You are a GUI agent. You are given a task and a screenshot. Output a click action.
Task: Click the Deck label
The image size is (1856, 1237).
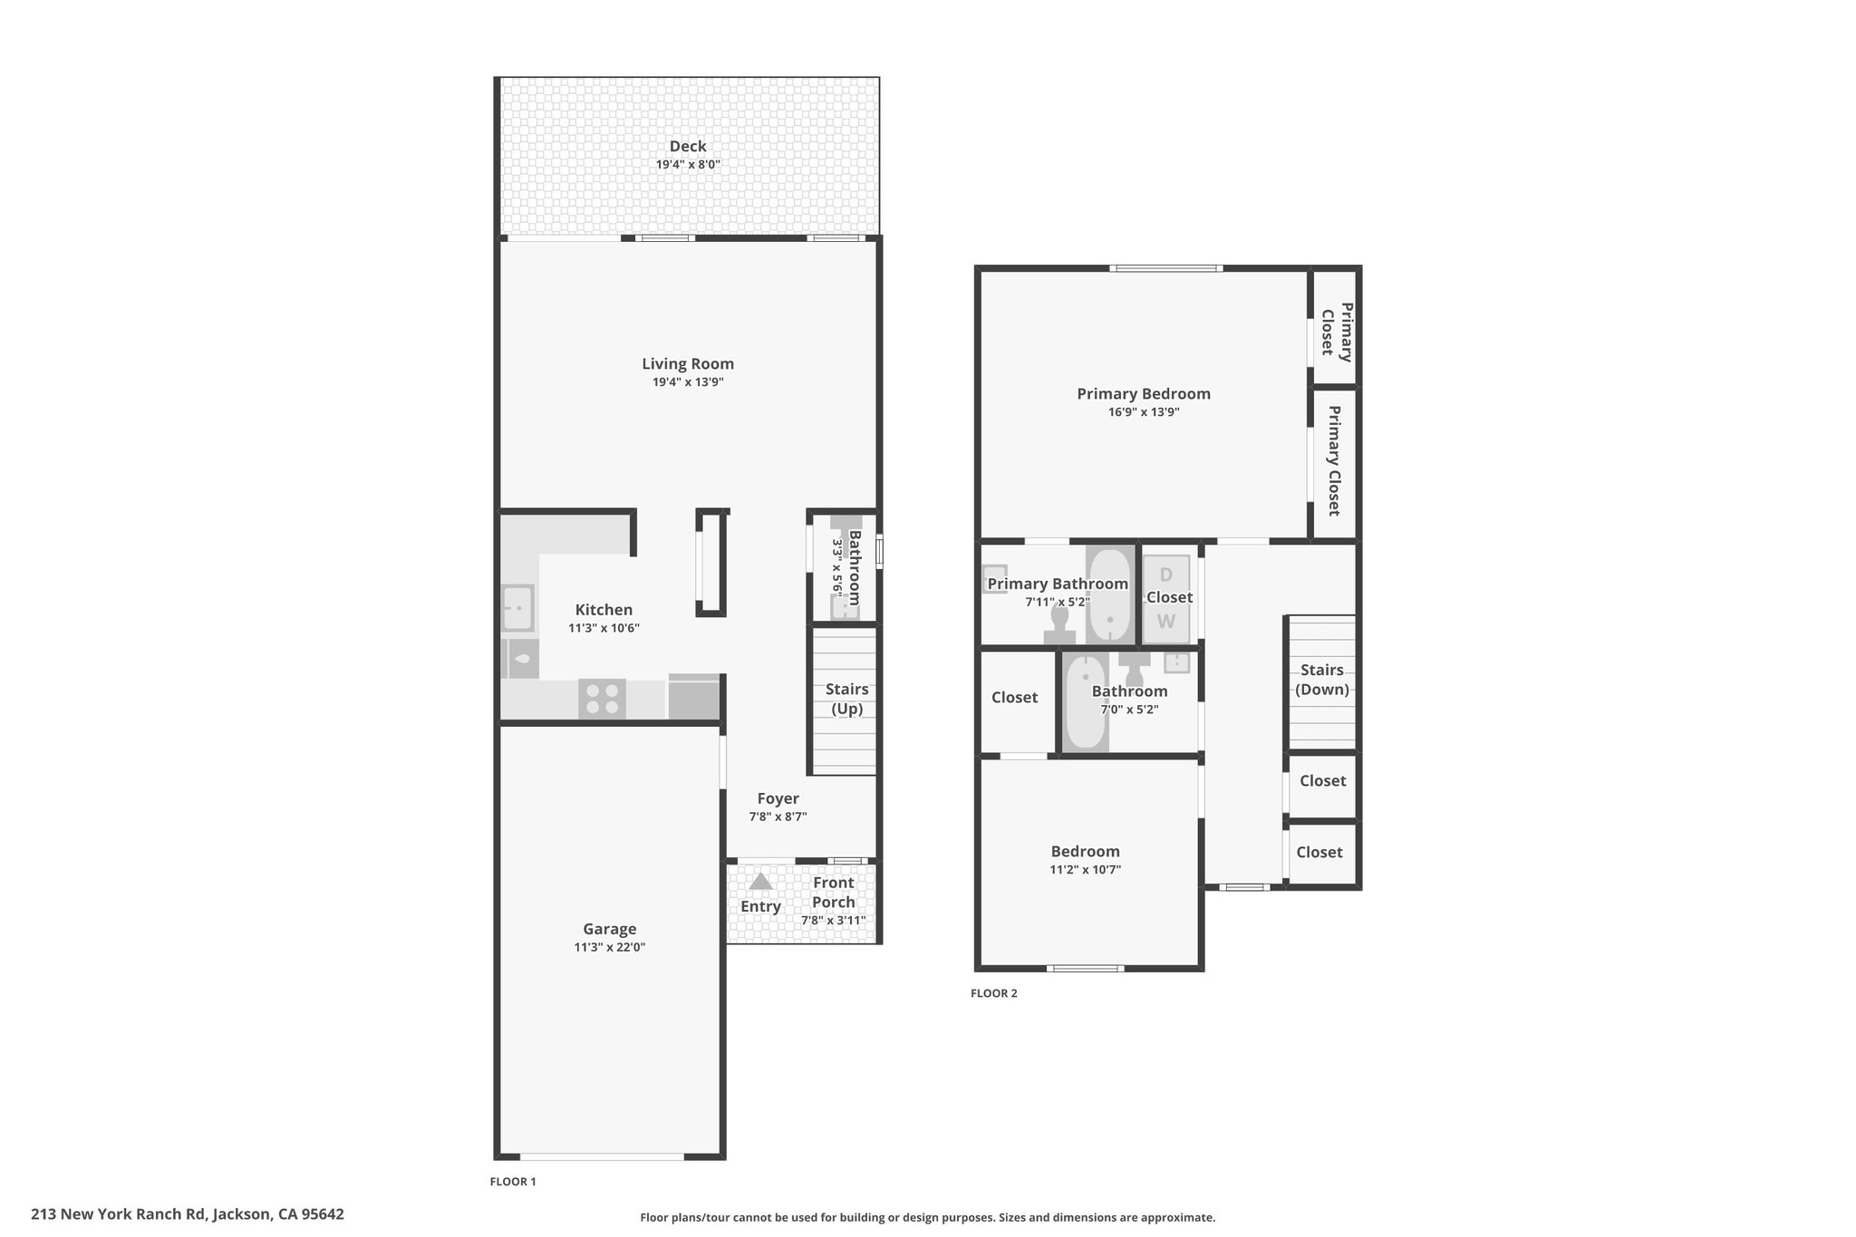coord(688,146)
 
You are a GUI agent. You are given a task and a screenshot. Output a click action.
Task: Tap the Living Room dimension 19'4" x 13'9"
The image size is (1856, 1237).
coord(688,382)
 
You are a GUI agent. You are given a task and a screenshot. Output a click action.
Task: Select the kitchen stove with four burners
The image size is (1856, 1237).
coord(602,699)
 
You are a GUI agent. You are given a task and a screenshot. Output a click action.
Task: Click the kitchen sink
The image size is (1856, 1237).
coord(518,608)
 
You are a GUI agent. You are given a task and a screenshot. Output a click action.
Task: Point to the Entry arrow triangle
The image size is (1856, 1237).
coord(760,881)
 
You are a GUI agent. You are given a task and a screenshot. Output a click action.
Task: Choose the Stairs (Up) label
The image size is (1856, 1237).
coord(846,699)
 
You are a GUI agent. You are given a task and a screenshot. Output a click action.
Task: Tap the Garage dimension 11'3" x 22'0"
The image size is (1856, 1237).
coord(609,948)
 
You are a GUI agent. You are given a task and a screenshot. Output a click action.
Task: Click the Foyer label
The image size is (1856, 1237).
coord(778,798)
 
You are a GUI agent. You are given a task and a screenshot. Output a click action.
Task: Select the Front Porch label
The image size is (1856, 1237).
coord(833,892)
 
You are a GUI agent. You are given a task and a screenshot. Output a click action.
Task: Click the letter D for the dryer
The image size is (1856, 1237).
coord(1166,575)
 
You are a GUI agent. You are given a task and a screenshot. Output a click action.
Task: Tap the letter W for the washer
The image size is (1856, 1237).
coord(1165,622)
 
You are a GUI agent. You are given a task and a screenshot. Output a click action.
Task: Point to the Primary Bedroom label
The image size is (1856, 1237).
coord(1144,393)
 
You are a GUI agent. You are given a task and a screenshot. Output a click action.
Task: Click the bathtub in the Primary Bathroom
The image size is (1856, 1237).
coord(1109,594)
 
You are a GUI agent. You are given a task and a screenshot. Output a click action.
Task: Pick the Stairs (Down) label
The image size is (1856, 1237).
coord(1322,680)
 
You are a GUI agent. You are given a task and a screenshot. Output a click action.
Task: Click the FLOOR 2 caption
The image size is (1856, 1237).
coord(994,993)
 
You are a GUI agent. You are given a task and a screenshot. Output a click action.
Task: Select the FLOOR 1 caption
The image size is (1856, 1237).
coord(513,1182)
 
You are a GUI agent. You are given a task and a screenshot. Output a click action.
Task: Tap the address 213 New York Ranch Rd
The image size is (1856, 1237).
coord(120,1214)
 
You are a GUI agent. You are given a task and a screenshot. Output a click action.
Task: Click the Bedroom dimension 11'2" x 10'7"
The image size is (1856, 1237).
coord(1086,870)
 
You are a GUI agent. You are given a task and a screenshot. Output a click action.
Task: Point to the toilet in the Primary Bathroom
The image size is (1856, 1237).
coord(1059,625)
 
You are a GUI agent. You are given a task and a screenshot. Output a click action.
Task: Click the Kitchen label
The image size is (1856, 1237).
coord(604,610)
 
